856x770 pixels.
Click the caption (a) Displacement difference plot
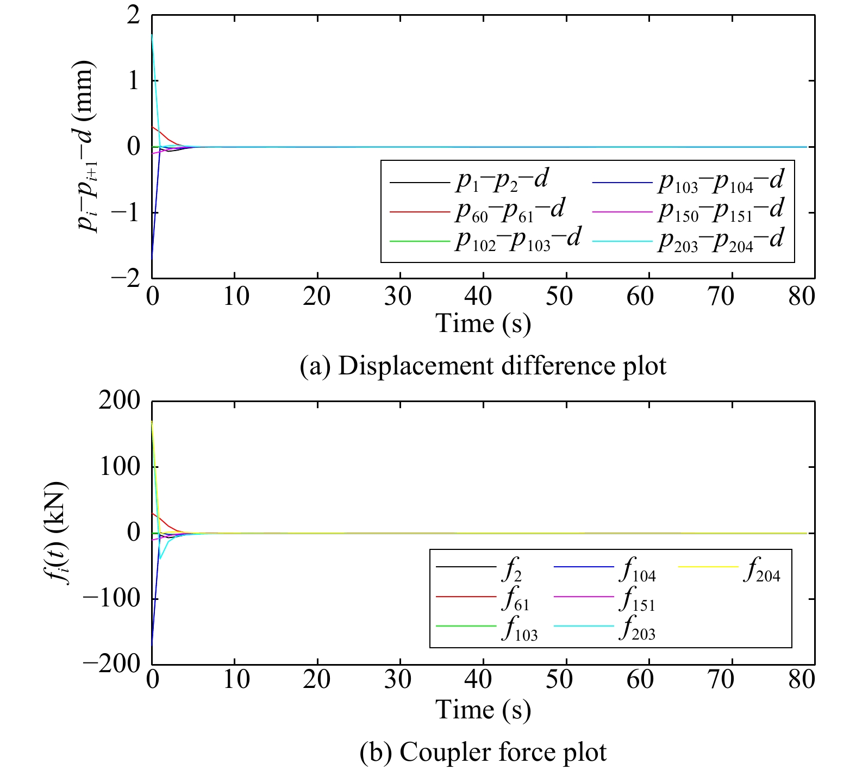pos(483,366)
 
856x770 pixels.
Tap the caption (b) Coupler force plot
pos(483,753)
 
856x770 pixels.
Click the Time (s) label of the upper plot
pos(483,324)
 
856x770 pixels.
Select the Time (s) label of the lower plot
pos(483,710)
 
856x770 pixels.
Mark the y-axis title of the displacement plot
pos(86,146)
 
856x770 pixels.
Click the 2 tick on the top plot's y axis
pos(133,15)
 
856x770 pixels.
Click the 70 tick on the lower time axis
pos(721,680)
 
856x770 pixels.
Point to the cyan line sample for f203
pos(584,627)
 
